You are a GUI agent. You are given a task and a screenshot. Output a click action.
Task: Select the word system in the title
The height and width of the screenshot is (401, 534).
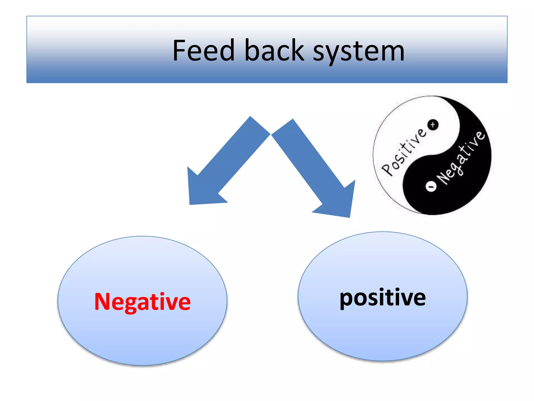359,52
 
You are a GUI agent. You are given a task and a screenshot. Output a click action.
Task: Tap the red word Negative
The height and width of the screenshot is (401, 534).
142,302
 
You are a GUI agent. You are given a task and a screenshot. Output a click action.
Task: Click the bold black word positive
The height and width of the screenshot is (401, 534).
383,298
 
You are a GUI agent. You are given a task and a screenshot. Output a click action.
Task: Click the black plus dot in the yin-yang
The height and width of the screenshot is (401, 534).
433,125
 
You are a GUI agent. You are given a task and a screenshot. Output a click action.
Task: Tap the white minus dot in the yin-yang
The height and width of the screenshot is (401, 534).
431,186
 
